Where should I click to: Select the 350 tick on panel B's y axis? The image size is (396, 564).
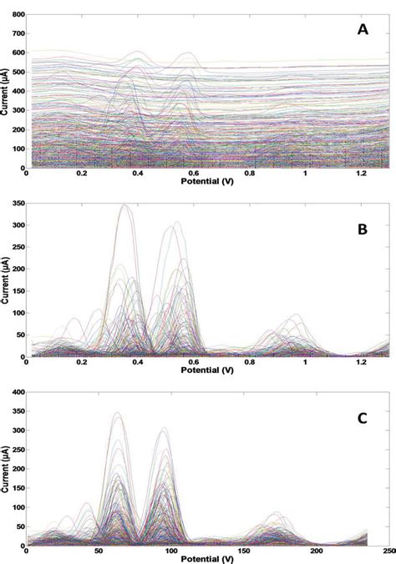17,203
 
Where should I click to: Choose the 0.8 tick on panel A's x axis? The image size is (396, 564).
250,174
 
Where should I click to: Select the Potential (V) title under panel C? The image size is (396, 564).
207,559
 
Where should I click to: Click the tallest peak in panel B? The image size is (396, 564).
125,204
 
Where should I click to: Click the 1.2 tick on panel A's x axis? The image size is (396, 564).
361,174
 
